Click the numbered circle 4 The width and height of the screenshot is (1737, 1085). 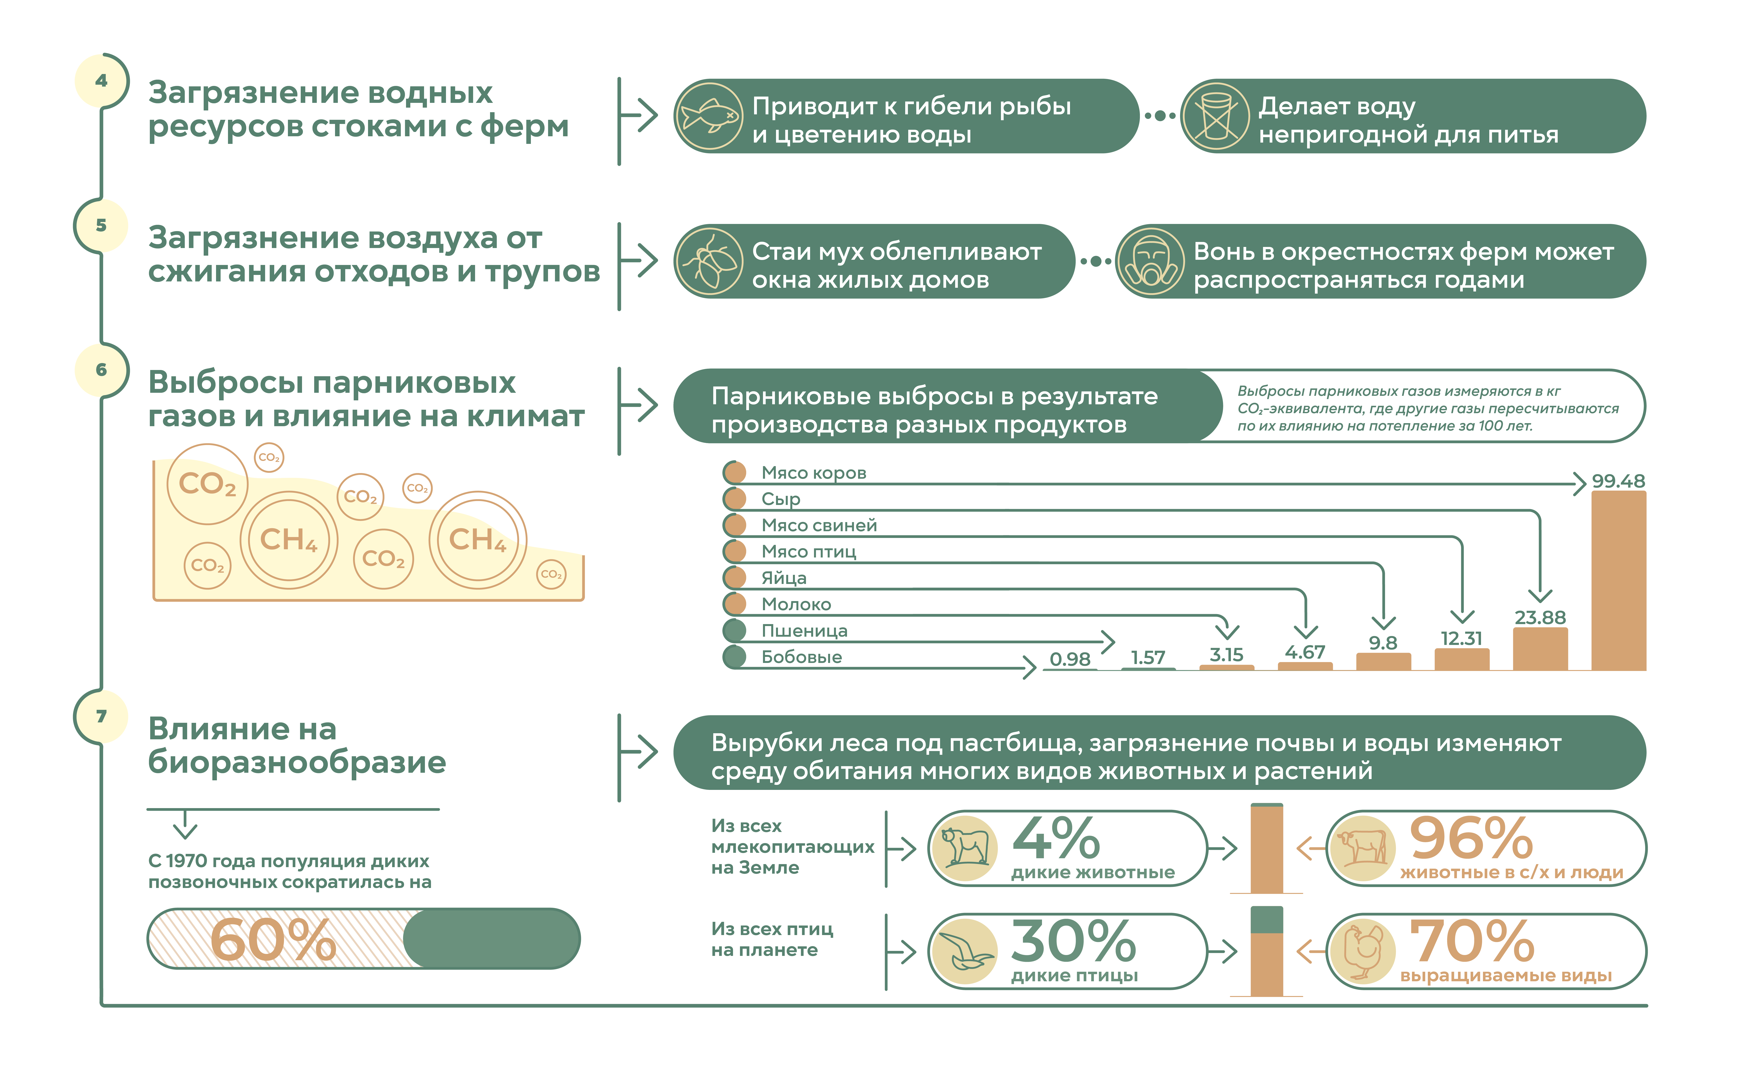pyautogui.click(x=101, y=80)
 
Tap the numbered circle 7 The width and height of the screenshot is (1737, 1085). pyautogui.click(x=101, y=716)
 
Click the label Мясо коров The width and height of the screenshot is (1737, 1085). pyautogui.click(x=814, y=473)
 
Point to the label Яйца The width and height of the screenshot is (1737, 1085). pyautogui.click(x=784, y=578)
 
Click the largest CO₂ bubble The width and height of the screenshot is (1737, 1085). pyautogui.click(x=207, y=484)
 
